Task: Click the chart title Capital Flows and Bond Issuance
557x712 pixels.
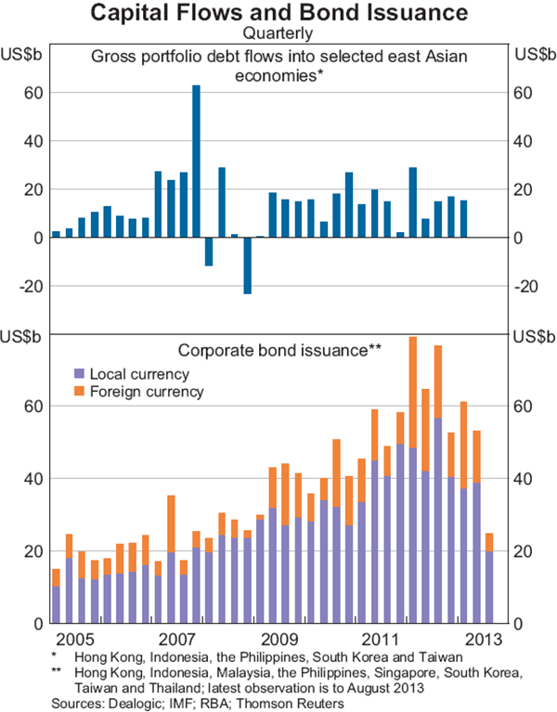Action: [278, 14]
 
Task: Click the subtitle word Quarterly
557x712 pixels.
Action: [278, 34]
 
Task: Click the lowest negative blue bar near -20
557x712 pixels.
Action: [248, 265]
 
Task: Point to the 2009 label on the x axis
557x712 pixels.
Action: [278, 641]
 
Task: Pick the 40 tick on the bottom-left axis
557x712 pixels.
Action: [31, 478]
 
